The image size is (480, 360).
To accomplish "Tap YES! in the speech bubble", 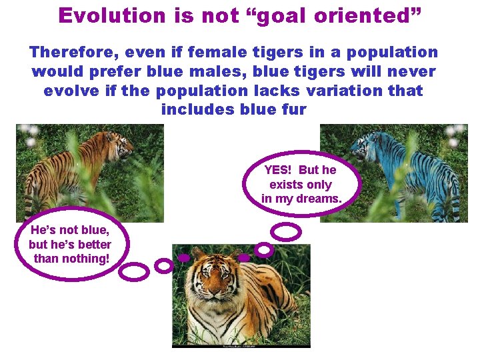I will pos(279,171).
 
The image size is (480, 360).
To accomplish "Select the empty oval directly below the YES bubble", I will pos(287,232).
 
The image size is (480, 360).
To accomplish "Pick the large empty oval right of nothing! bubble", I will pos(135,272).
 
